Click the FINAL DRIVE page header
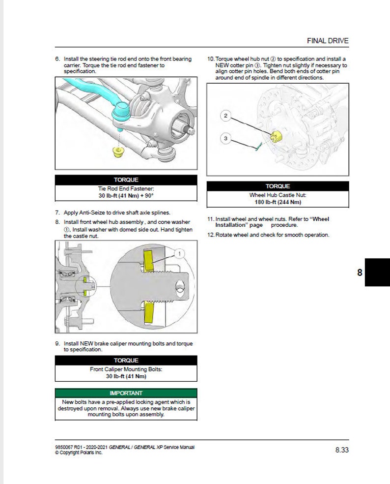click(328, 41)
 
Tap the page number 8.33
click(342, 450)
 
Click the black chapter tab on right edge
click(377, 272)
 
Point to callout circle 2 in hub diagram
click(225, 116)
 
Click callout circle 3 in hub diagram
click(225, 139)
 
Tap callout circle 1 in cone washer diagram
click(179, 253)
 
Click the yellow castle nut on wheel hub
click(276, 136)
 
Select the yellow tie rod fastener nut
click(117, 151)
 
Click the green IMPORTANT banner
click(126, 393)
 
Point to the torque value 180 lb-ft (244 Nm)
click(278, 202)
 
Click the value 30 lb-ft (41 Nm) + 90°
click(126, 195)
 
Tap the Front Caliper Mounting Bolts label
click(126, 369)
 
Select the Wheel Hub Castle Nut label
click(278, 195)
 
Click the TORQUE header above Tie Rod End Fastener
click(126, 180)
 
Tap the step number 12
click(210, 235)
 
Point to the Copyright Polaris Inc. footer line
click(79, 453)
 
